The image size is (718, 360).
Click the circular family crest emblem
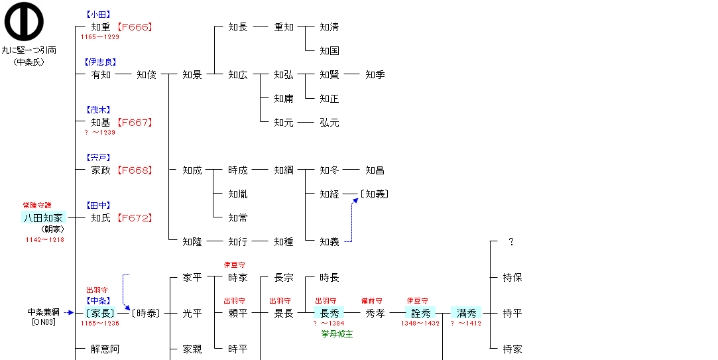click(x=24, y=21)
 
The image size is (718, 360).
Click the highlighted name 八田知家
click(x=44, y=217)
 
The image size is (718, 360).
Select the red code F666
click(x=134, y=27)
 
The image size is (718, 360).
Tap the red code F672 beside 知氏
click(x=134, y=218)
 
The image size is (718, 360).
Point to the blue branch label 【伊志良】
click(x=100, y=62)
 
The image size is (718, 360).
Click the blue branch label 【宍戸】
click(x=98, y=158)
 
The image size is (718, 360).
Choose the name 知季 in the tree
click(x=375, y=75)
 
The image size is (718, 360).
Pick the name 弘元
click(x=329, y=122)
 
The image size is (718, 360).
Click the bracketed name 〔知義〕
click(x=374, y=194)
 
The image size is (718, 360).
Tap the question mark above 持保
click(x=511, y=242)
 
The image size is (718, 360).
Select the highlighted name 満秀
click(x=466, y=313)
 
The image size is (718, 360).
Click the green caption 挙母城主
click(x=337, y=334)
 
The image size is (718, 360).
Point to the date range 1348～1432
click(x=420, y=324)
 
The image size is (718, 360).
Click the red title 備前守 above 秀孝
click(x=371, y=301)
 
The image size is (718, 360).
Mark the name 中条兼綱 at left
click(x=44, y=312)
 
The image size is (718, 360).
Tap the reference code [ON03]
click(x=44, y=322)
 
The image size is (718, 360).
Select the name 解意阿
click(x=105, y=349)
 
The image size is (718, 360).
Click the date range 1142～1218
click(x=45, y=239)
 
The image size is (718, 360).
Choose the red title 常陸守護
click(x=37, y=205)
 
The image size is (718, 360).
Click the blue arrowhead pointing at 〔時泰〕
click(x=127, y=308)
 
